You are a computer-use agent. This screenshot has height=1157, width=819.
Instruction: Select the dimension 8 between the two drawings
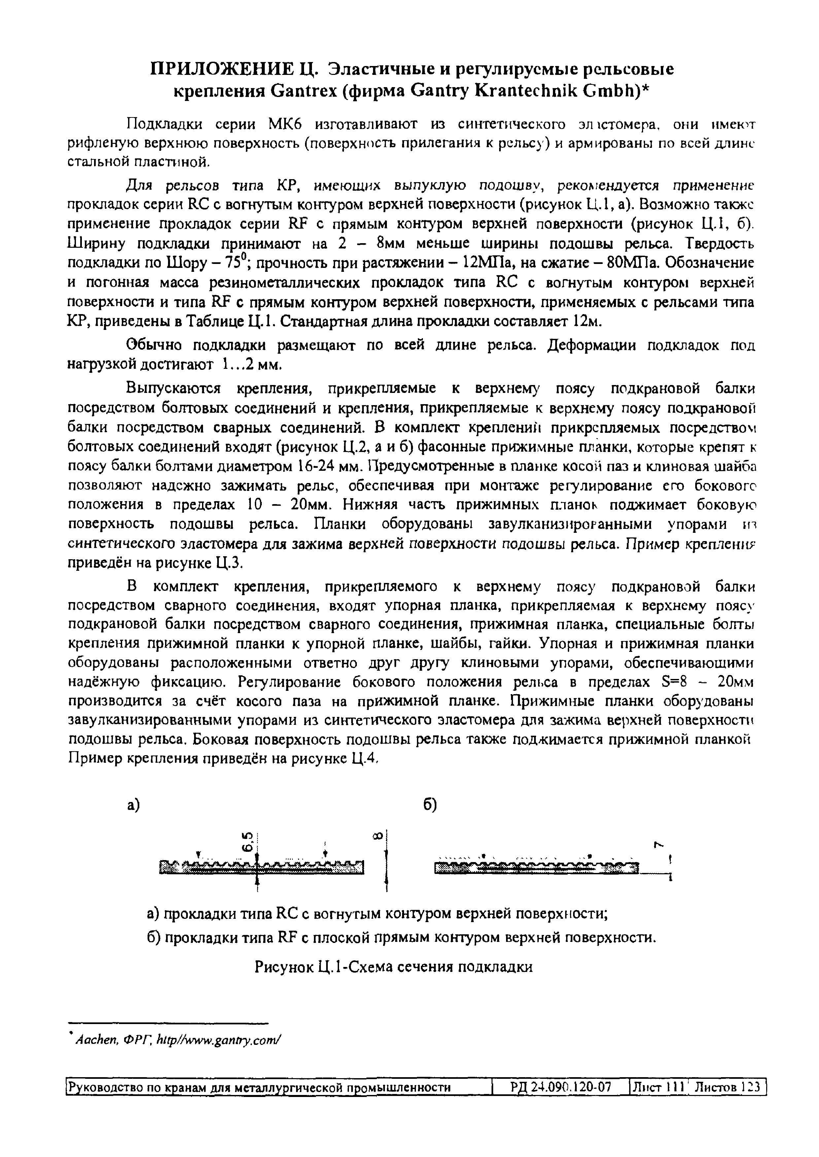pyautogui.click(x=379, y=835)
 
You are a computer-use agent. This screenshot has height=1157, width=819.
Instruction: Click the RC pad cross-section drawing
pyautogui.click(x=261, y=866)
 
